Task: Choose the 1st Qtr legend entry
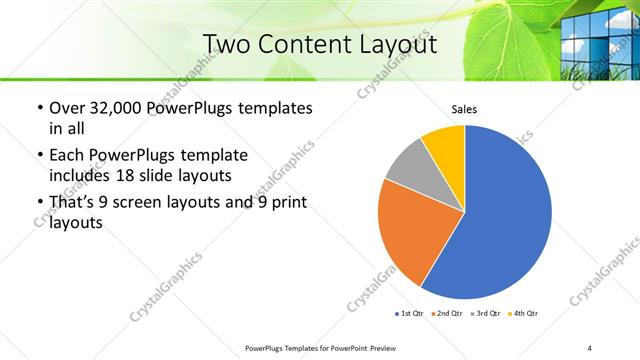tap(410, 314)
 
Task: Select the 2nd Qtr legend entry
tap(447, 314)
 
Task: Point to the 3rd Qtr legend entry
tap(486, 314)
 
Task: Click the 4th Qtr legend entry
tap(524, 314)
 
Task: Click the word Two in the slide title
tap(225, 45)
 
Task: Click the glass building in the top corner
tap(600, 35)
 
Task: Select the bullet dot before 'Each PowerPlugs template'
tap(39, 155)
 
